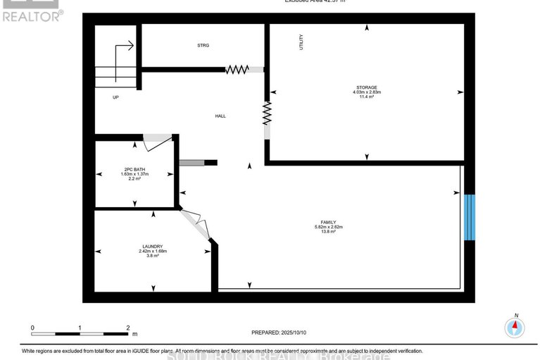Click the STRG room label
click(204, 46)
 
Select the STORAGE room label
click(367, 87)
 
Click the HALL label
click(221, 116)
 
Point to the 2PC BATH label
click(134, 170)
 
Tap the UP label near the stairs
click(115, 97)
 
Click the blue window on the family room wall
click(470, 217)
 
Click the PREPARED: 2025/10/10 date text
click(280, 333)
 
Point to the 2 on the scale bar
click(128, 328)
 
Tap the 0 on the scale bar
click(32, 328)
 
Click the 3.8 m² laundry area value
click(152, 256)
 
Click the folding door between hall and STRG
click(239, 69)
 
